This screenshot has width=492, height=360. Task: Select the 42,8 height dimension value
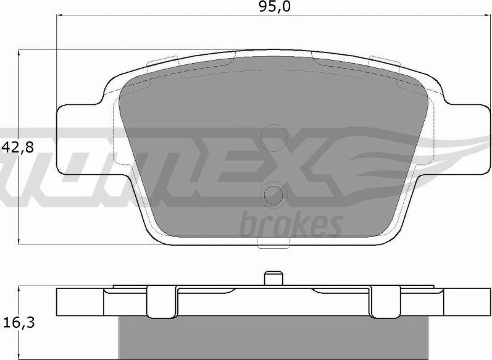click(x=17, y=147)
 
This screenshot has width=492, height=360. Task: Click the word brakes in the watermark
click(x=290, y=225)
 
